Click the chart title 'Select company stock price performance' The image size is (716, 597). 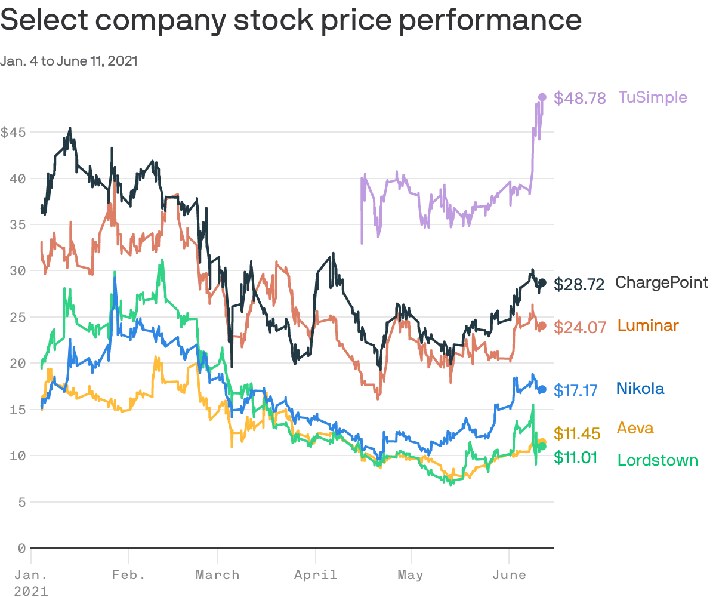pos(291,21)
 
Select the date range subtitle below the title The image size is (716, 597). pos(69,61)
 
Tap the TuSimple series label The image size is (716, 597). pos(652,97)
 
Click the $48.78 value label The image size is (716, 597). pos(579,98)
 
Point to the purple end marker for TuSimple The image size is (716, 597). pos(542,97)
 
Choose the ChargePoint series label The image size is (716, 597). pos(661,282)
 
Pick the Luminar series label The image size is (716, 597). pos(647,325)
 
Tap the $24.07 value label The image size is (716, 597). pos(579,327)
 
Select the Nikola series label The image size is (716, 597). pos(640,389)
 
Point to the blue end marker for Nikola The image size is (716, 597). pos(542,390)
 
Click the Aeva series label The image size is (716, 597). pos(635,428)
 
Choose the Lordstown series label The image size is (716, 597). pos(657,460)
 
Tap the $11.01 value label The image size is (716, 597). pos(575,458)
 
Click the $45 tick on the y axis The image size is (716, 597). pos(14,132)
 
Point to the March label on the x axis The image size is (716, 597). pos(218,576)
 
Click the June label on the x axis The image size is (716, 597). pos(509,576)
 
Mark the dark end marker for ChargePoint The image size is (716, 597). pos(542,282)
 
